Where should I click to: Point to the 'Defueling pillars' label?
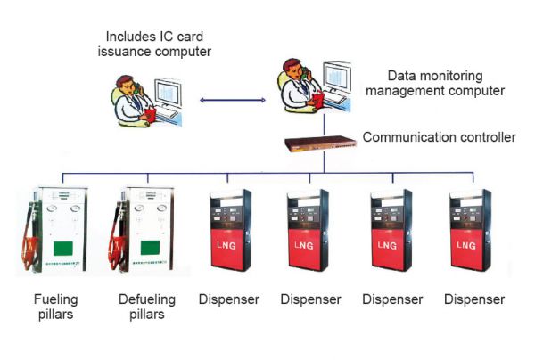(146, 307)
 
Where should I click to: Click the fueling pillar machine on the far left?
(53, 231)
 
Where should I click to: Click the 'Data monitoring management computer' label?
(447, 84)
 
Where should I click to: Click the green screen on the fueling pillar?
(62, 247)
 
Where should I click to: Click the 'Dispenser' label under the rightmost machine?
(474, 299)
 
